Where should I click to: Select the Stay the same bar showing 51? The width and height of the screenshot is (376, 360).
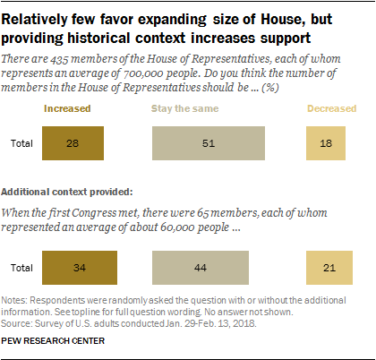[208, 142]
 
